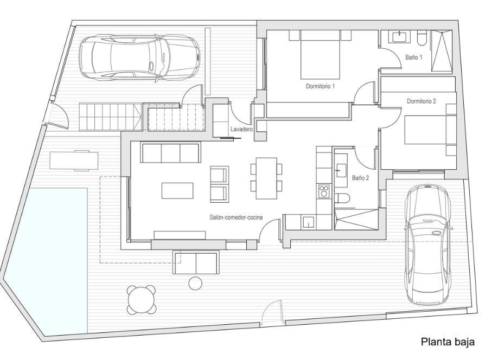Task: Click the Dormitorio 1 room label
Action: [x=320, y=86]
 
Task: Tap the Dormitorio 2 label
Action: [x=422, y=101]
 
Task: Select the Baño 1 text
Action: [x=414, y=57]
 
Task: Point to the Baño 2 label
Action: [x=360, y=178]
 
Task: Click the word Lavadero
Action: [x=242, y=129]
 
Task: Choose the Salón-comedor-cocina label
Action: [x=236, y=217]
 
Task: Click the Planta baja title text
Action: [x=448, y=342]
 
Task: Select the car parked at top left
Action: [x=140, y=59]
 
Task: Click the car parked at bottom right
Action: [x=428, y=244]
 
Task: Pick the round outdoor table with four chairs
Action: [x=142, y=300]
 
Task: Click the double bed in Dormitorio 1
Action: [x=320, y=54]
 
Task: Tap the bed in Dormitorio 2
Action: [x=430, y=130]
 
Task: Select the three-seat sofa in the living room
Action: [x=170, y=153]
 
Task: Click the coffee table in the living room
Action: [x=177, y=190]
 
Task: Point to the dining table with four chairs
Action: [x=266, y=178]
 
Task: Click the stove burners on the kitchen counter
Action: [x=324, y=191]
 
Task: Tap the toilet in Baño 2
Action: [x=341, y=198]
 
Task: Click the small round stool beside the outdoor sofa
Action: [x=196, y=283]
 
